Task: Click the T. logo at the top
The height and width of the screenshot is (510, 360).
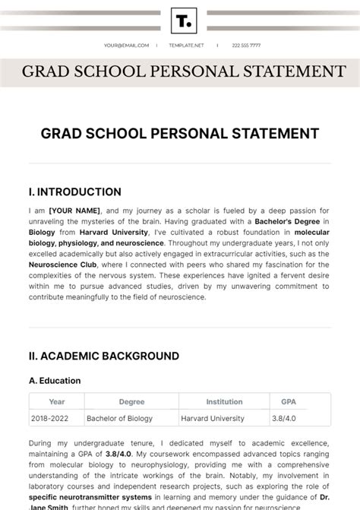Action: click(184, 21)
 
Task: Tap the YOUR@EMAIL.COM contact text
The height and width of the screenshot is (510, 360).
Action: click(127, 45)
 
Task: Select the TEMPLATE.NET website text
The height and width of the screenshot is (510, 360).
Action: click(185, 45)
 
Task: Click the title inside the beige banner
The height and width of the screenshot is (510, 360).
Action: click(184, 72)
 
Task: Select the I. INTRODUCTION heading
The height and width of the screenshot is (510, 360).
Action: click(74, 192)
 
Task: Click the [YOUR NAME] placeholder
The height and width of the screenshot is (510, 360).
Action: click(75, 211)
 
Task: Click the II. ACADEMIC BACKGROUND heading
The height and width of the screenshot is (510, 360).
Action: click(103, 356)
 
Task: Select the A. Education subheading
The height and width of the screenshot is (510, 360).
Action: click(55, 381)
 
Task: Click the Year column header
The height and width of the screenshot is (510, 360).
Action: click(57, 402)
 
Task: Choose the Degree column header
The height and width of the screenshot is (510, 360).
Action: click(131, 402)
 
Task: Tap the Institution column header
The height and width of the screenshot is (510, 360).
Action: click(224, 402)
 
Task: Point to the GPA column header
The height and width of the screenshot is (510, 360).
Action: click(289, 402)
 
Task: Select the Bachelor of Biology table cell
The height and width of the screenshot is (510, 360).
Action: click(119, 418)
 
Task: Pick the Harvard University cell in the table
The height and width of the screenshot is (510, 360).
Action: click(213, 418)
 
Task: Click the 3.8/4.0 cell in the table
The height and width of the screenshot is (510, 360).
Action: click(286, 418)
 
